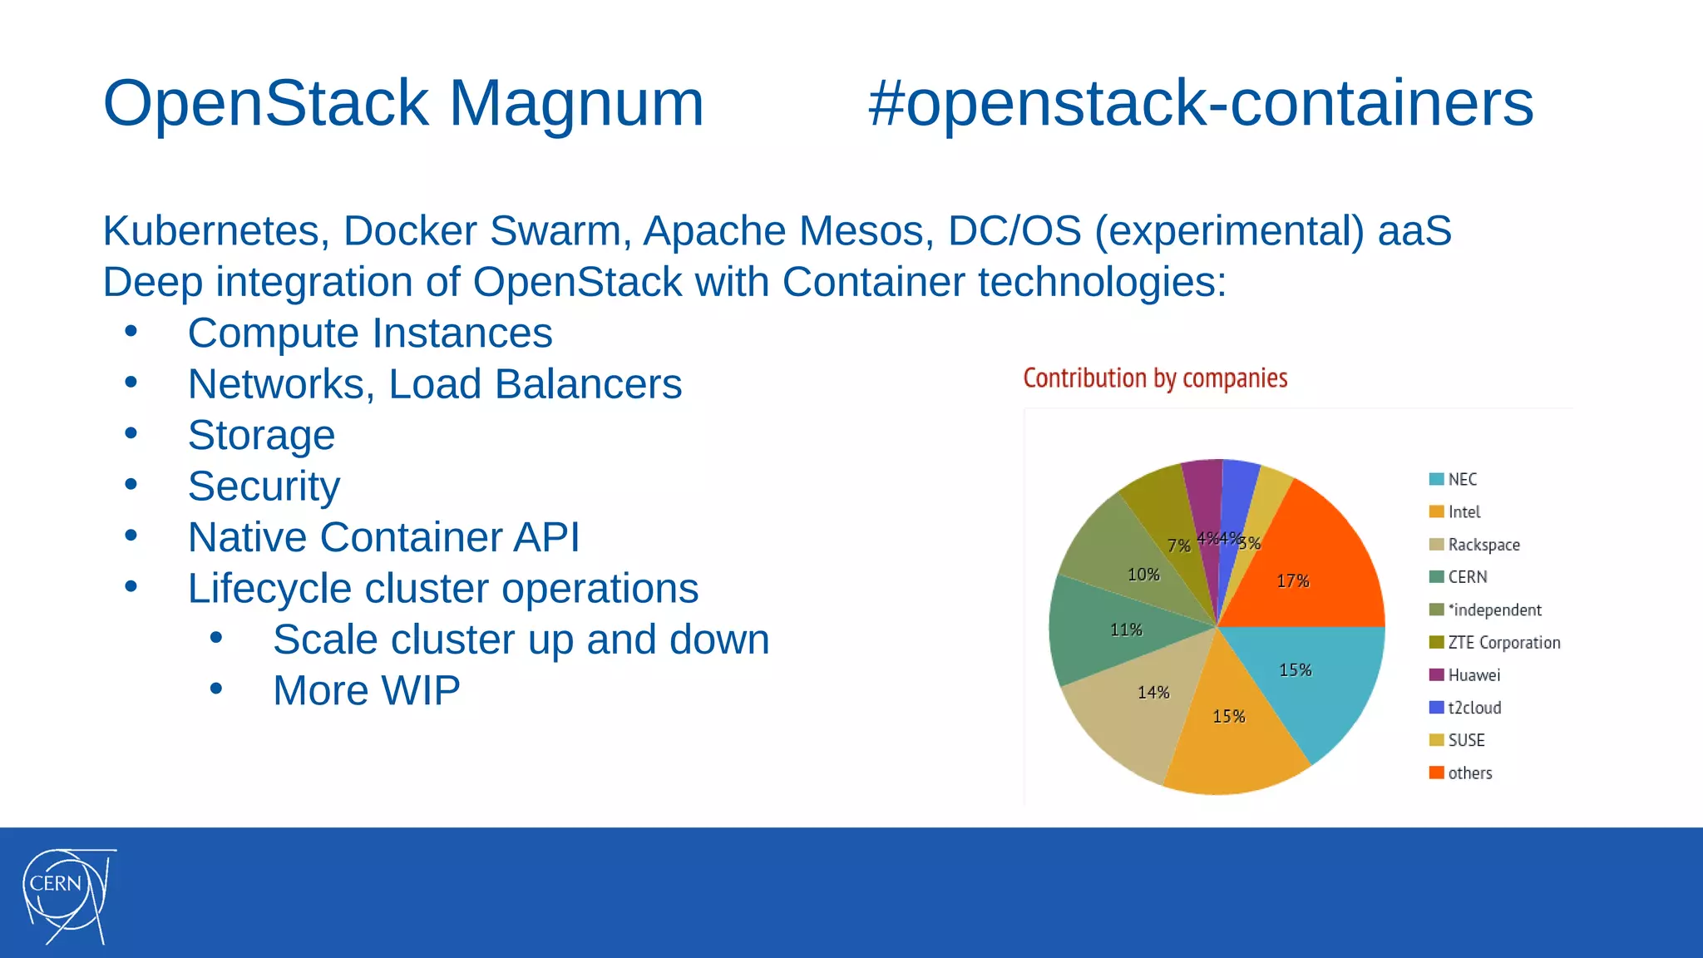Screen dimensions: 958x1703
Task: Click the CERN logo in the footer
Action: pos(67,895)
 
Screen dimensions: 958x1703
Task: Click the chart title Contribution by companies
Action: pos(1154,378)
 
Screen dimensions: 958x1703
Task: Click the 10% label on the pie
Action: pos(1143,575)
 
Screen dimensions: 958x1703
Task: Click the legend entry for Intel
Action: pos(1464,512)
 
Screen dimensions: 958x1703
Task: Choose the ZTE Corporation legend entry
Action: pos(1503,643)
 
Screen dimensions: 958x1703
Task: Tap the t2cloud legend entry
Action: pos(1473,708)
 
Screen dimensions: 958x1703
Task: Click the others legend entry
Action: pos(1469,773)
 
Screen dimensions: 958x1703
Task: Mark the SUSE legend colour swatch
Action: pos(1436,740)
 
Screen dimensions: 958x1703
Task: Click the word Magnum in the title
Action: pos(575,103)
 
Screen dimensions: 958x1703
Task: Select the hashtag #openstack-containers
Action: pos(1200,103)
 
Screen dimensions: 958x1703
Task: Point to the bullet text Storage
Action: pos(261,435)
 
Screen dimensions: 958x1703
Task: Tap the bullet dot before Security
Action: pos(131,484)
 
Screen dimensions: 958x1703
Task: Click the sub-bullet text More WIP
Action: pos(366,690)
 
